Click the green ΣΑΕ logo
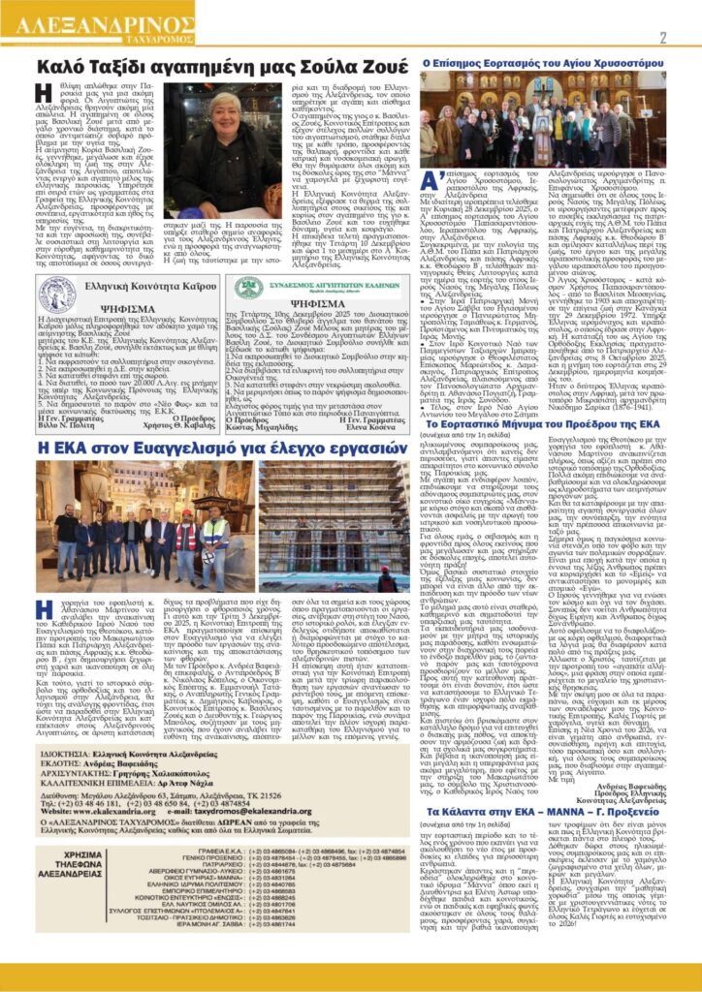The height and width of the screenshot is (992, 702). [248, 287]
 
